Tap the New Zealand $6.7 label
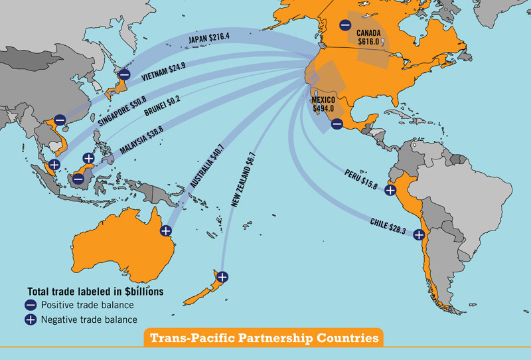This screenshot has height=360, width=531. coord(243,179)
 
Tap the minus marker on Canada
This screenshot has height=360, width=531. coord(345,25)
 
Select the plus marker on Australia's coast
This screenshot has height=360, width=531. coord(166,230)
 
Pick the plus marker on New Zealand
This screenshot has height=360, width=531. coord(222,276)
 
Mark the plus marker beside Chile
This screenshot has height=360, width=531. coord(419,234)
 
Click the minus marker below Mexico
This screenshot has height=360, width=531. coord(337,124)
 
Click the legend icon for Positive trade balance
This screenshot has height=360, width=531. coord(31,306)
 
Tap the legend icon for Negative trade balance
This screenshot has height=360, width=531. coord(31,319)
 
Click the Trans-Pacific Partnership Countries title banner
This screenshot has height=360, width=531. coord(264,338)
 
